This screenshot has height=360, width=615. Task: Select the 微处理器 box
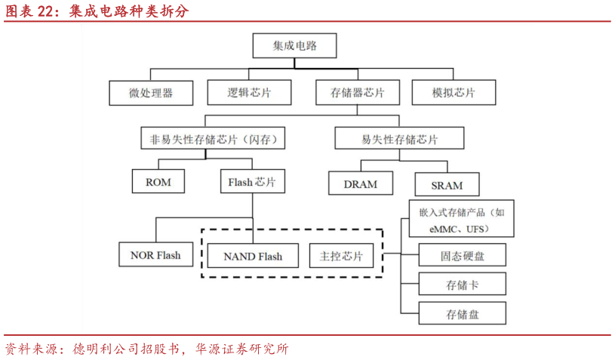(x=151, y=93)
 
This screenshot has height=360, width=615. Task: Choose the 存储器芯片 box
(x=357, y=93)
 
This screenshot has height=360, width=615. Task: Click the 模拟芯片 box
(x=454, y=93)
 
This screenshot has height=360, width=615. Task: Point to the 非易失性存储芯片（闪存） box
(x=206, y=139)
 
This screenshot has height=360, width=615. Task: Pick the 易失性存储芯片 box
(x=399, y=139)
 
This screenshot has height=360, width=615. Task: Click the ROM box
(x=158, y=182)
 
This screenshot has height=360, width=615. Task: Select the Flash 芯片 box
(x=252, y=182)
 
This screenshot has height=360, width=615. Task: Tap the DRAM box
(x=360, y=183)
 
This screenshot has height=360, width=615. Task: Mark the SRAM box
(x=447, y=184)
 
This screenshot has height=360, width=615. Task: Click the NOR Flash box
(x=155, y=255)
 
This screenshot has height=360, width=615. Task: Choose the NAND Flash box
(x=253, y=256)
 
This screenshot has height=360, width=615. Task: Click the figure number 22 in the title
(x=45, y=11)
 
